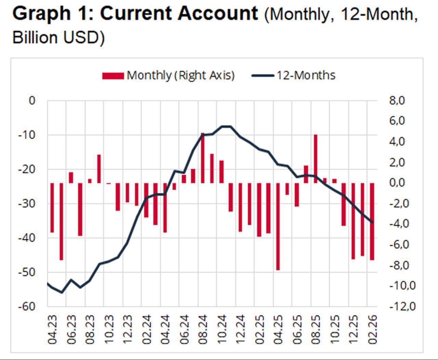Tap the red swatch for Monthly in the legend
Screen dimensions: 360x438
point(113,76)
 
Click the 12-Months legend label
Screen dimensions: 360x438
point(306,75)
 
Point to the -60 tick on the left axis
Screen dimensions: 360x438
point(27,306)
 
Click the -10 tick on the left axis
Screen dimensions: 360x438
point(27,135)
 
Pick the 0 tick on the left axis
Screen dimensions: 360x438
point(32,101)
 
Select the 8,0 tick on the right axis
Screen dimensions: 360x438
point(397,101)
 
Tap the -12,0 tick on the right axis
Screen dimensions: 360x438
point(402,306)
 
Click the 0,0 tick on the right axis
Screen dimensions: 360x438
point(397,183)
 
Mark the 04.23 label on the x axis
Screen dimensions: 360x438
point(52,330)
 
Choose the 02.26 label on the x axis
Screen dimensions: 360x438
point(372,330)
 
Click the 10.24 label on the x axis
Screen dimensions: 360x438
point(222,330)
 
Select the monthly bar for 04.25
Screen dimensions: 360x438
point(278,226)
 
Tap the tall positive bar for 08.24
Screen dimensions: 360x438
point(203,158)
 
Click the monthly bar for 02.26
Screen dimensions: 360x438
point(372,221)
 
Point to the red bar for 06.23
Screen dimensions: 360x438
point(71,177)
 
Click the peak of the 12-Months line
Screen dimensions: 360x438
point(226,126)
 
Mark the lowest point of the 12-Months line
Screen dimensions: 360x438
point(62,293)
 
